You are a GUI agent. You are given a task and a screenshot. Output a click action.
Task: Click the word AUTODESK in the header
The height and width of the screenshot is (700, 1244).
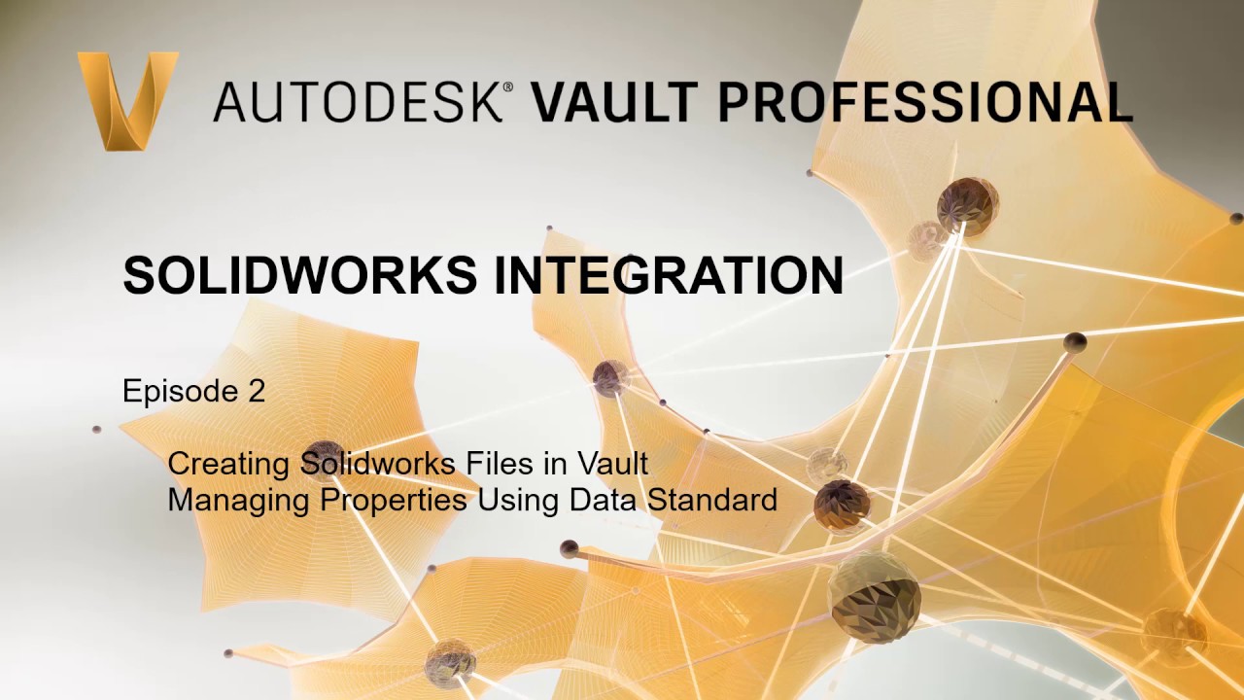pos(356,101)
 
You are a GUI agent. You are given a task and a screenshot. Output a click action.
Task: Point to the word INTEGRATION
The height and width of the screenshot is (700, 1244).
pos(669,275)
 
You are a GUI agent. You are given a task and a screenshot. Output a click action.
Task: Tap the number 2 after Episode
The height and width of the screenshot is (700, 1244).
pos(255,391)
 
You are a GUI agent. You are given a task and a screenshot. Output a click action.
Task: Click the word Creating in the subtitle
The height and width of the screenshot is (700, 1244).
pos(229,464)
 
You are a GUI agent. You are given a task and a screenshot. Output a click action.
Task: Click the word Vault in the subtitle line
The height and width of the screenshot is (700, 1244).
pos(612,463)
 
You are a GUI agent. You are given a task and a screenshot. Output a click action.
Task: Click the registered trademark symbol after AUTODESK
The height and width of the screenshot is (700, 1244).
pos(506,87)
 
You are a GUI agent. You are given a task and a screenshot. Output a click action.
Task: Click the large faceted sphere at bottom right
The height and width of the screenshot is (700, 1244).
pos(875,596)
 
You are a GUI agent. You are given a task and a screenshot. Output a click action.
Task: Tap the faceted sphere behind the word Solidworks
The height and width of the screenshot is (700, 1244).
pos(324,461)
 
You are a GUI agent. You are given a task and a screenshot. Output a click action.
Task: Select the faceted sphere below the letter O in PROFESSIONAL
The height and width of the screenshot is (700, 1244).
pos(967,205)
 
